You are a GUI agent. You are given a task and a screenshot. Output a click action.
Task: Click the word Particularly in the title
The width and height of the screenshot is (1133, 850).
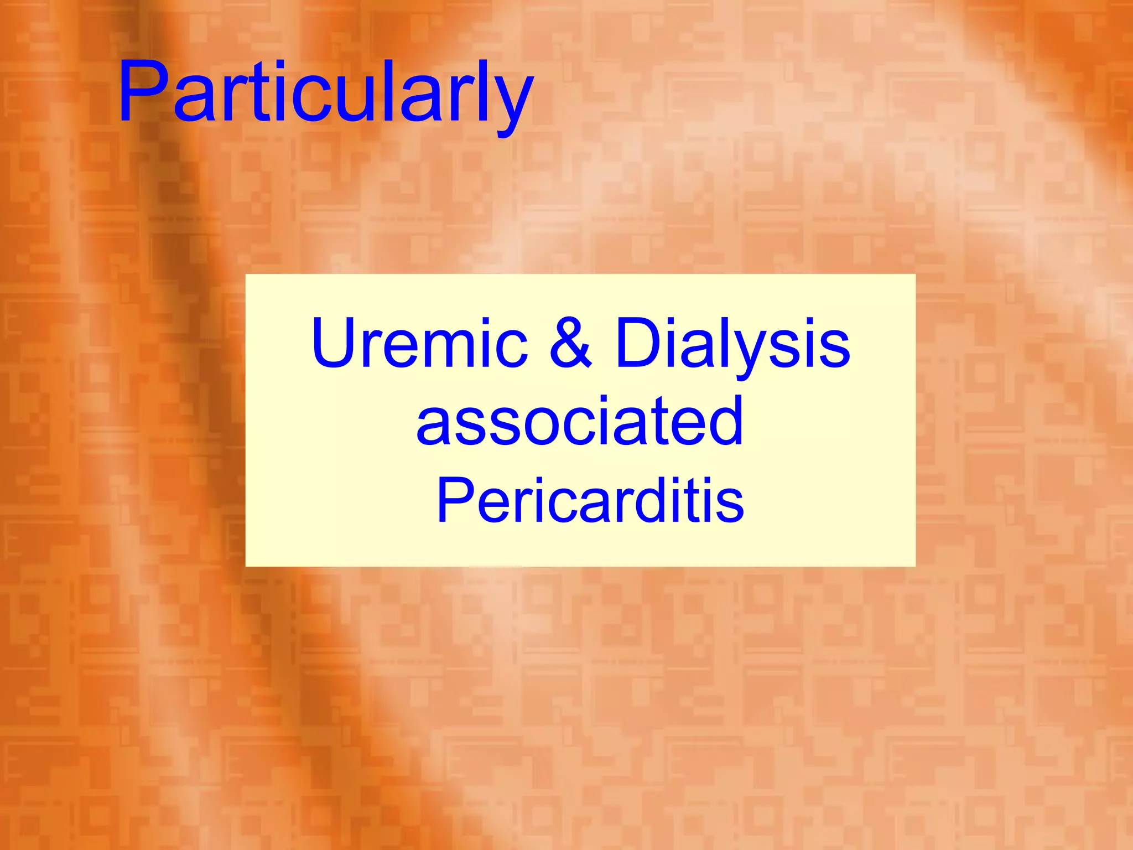tap(325, 93)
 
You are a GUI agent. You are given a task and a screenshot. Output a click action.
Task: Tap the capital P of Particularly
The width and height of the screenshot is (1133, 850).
tap(142, 92)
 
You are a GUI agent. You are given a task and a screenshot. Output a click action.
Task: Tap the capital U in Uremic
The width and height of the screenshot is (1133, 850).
tap(335, 342)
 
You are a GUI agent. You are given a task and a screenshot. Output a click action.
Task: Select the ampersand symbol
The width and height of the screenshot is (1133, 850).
tap(571, 343)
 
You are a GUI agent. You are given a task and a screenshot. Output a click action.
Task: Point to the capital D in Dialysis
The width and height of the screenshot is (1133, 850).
tap(640, 342)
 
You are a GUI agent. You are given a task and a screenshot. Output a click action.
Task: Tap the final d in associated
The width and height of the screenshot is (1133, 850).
tap(724, 421)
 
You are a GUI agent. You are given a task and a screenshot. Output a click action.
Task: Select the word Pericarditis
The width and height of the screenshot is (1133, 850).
tap(590, 500)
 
